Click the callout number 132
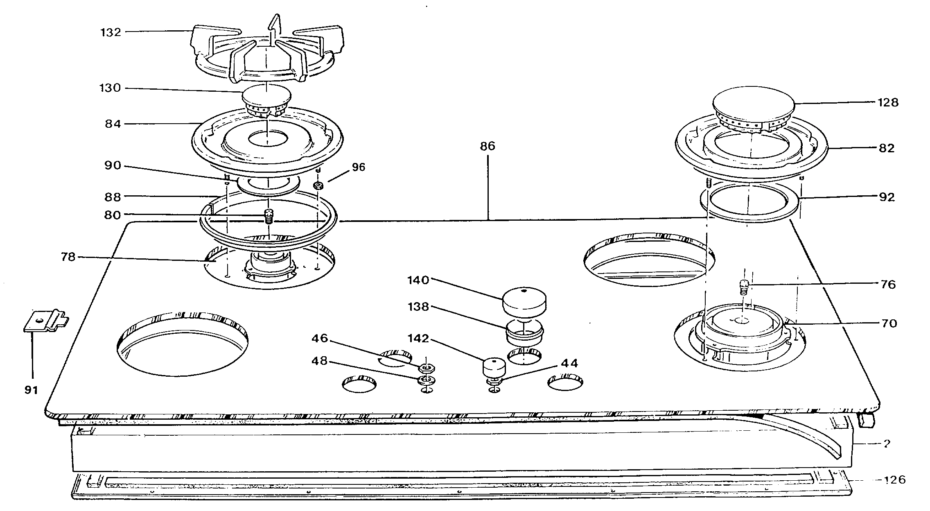[111, 32]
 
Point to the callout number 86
[488, 146]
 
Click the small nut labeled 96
[318, 185]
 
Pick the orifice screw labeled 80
[269, 216]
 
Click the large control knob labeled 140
[524, 302]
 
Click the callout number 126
[895, 479]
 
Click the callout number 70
[888, 323]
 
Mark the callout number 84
[113, 123]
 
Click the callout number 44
[569, 363]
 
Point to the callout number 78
[68, 257]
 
